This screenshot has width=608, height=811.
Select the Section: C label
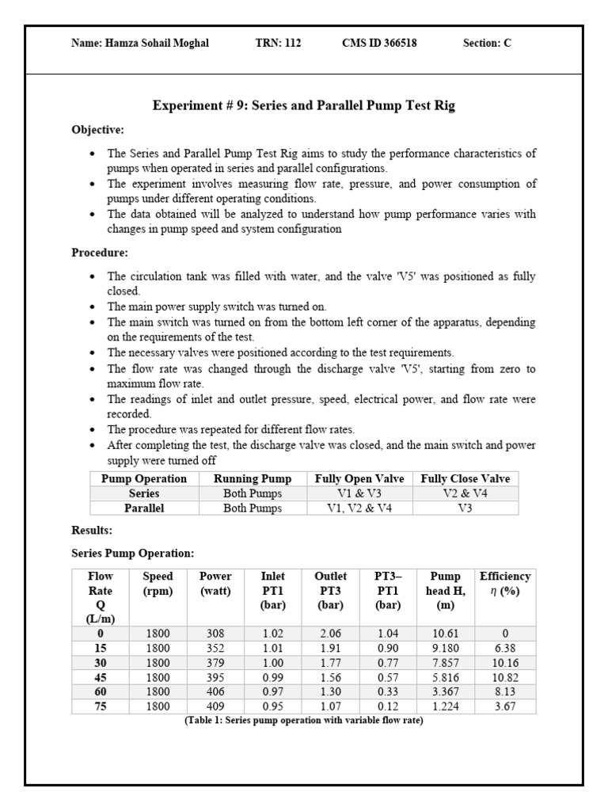(x=487, y=44)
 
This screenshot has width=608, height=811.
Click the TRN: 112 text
(x=273, y=44)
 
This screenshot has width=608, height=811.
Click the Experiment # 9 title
(x=303, y=105)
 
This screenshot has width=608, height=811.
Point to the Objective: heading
(x=97, y=129)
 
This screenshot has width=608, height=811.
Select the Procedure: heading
(x=100, y=253)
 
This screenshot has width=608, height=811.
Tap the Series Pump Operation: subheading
(x=132, y=553)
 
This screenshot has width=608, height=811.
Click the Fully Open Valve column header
(x=359, y=478)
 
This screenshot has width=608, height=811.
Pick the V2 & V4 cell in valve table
(x=465, y=493)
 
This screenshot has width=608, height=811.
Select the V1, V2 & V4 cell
(x=359, y=508)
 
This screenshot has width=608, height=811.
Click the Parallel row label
(x=144, y=508)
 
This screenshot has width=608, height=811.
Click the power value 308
(x=215, y=634)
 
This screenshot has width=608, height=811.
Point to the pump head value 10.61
(x=447, y=634)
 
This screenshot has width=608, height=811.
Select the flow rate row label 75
(x=101, y=706)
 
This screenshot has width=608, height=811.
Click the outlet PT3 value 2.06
(x=331, y=634)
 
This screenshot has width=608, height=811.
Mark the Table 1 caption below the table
(x=303, y=720)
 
